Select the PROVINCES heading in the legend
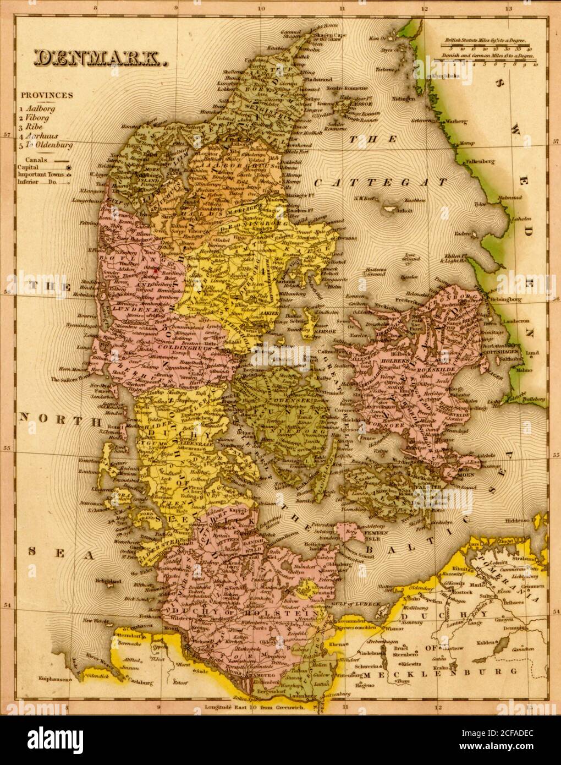pyautogui.click(x=47, y=95)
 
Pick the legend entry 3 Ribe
pyautogui.click(x=35, y=127)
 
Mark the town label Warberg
pyautogui.click(x=457, y=121)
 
